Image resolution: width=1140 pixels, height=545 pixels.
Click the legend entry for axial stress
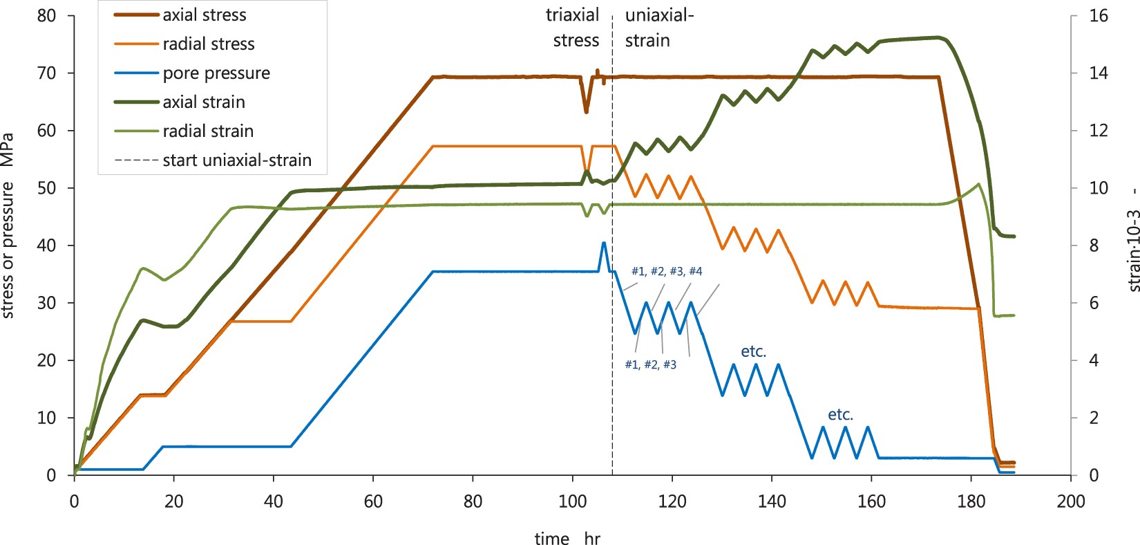point(205,15)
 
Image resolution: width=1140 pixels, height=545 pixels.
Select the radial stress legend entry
point(209,44)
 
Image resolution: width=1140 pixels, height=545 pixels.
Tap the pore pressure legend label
point(216,73)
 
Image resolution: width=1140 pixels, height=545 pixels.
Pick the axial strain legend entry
point(204,102)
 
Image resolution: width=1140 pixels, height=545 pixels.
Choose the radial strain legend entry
point(208,131)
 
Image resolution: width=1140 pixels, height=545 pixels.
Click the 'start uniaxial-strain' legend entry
point(237,160)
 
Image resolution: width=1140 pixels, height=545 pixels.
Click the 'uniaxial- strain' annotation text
point(658,28)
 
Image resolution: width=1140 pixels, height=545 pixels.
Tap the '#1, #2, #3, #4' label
point(667,271)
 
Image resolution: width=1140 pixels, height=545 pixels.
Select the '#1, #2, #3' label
point(650,364)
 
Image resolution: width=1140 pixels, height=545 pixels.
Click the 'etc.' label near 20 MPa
point(753,351)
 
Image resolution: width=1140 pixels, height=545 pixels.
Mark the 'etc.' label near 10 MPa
point(840,414)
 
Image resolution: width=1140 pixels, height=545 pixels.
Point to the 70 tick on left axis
point(46,73)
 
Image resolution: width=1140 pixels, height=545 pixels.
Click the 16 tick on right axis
point(1098,15)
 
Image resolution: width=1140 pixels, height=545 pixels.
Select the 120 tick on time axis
point(672,501)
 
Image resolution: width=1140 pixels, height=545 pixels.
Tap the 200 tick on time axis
point(1071,501)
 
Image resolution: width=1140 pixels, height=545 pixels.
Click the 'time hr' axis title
point(567,538)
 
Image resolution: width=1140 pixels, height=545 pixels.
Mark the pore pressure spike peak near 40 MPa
point(604,243)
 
